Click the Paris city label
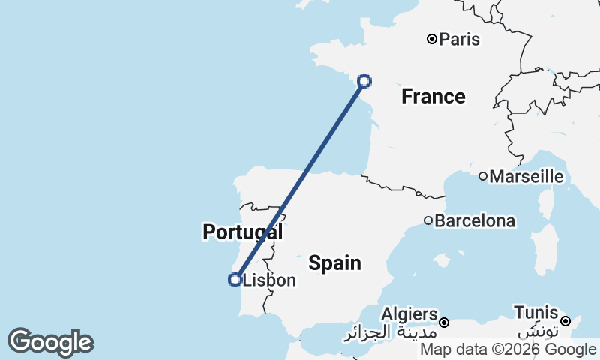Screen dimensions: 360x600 [x=460, y=39]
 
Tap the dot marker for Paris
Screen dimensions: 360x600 [x=432, y=39]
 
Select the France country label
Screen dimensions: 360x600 [x=433, y=96]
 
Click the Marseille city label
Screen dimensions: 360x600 [x=526, y=177]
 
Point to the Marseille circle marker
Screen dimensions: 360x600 [x=484, y=177]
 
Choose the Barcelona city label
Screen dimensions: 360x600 [x=475, y=221]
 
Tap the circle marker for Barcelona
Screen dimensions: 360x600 [x=428, y=220]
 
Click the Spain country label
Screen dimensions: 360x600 [x=334, y=262]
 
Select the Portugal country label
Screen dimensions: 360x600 [x=242, y=232]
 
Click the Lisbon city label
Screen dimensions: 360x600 [x=270, y=280]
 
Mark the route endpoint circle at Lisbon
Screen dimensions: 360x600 [x=235, y=280]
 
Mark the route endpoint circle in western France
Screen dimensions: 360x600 [x=364, y=81]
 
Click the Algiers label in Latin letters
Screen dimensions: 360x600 [x=409, y=313]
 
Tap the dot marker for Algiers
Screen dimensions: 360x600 [x=444, y=322]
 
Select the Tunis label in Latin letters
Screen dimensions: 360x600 [x=535, y=312]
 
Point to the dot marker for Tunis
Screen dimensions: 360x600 [x=565, y=321]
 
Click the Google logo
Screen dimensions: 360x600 [x=50, y=343]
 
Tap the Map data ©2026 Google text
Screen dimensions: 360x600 [x=508, y=349]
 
